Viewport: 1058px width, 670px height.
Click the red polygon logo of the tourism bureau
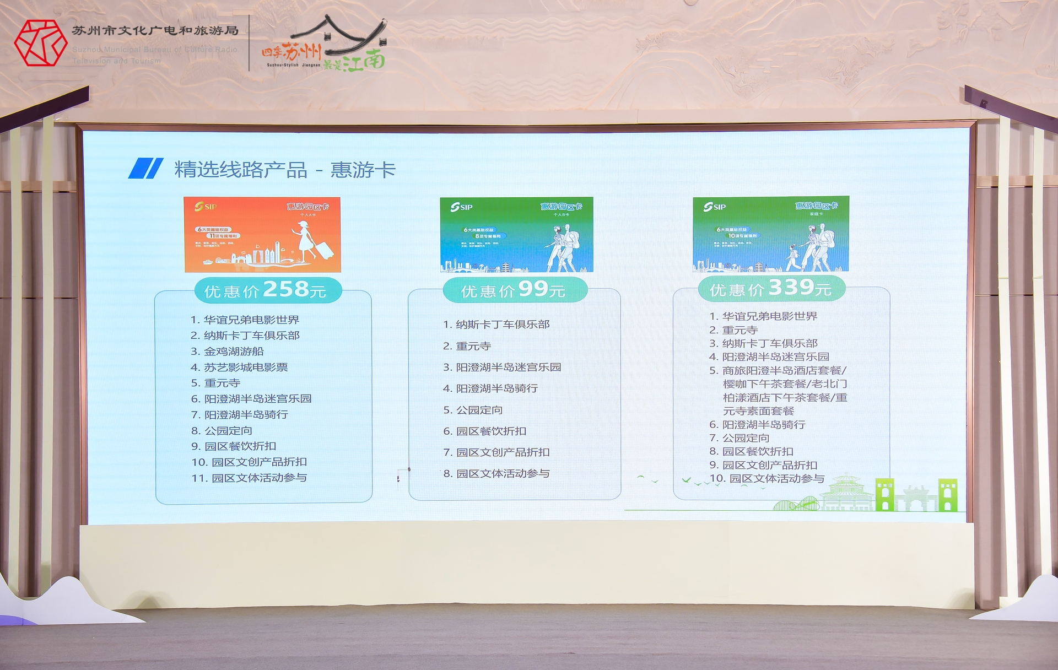tap(40, 43)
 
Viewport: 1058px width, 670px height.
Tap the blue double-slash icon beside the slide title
tap(145, 169)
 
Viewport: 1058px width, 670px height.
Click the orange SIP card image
tap(262, 234)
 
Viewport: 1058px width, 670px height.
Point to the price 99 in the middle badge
tap(533, 289)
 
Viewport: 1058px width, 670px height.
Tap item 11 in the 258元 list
tap(249, 478)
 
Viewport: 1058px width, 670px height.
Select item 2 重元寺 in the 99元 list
tap(467, 346)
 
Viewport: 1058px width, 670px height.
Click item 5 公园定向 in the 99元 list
tap(473, 410)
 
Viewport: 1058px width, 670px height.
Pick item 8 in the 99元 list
tap(496, 474)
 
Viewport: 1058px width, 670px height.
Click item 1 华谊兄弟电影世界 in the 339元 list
tap(763, 316)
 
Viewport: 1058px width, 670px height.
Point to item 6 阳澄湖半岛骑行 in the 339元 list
tap(757, 425)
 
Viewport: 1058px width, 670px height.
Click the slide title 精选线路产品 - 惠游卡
tap(285, 170)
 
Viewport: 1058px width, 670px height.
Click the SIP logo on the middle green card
tap(461, 207)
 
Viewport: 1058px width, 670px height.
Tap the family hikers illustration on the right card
tap(813, 248)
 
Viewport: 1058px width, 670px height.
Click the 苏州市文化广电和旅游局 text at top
tap(155, 31)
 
